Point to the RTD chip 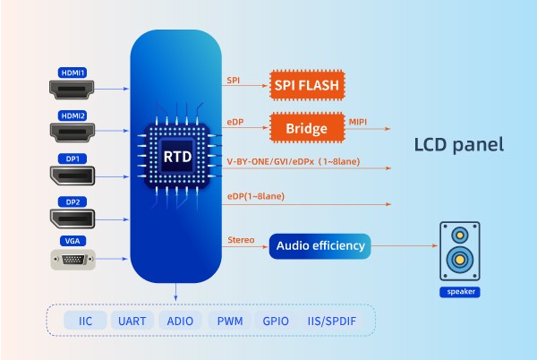click(175, 155)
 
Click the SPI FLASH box click(307, 87)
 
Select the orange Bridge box click(307, 129)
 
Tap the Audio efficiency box click(320, 244)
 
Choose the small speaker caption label click(459, 292)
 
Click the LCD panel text click(459, 144)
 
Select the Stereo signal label click(242, 238)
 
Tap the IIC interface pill click(86, 320)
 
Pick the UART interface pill click(132, 320)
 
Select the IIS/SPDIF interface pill click(335, 320)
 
